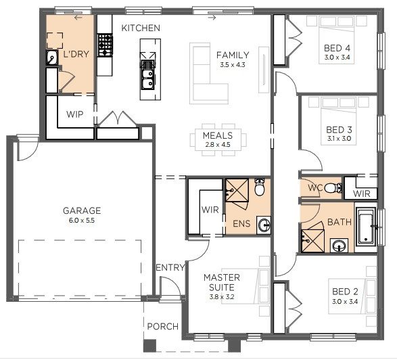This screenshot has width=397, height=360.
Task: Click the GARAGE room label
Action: tap(82, 210)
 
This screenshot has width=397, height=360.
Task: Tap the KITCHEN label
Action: tap(141, 28)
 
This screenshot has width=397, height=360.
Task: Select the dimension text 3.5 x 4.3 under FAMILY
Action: tap(233, 65)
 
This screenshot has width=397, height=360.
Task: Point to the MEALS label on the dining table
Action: tap(218, 135)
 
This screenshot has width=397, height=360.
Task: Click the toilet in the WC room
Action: tap(333, 188)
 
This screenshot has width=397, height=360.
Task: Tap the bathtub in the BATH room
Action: tap(366, 226)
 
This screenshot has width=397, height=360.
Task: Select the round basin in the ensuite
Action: tap(264, 225)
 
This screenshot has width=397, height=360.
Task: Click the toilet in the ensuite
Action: tap(260, 187)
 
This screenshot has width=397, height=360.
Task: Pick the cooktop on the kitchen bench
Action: tap(105, 45)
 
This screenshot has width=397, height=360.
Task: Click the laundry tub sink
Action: tap(52, 58)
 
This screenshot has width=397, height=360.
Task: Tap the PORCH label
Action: tap(163, 326)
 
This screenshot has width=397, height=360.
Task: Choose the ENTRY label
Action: tap(170, 267)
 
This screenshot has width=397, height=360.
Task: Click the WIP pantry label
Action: tap(74, 114)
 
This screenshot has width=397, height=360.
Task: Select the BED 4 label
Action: tap(337, 48)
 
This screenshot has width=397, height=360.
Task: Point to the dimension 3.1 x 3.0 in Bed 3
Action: tap(339, 139)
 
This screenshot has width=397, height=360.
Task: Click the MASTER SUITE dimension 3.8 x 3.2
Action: tap(222, 296)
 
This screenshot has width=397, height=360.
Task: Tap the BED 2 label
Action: tap(345, 292)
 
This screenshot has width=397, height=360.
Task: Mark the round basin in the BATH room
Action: tap(339, 246)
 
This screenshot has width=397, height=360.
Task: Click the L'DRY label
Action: tap(76, 54)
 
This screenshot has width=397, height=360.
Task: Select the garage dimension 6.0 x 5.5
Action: tap(82, 221)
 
